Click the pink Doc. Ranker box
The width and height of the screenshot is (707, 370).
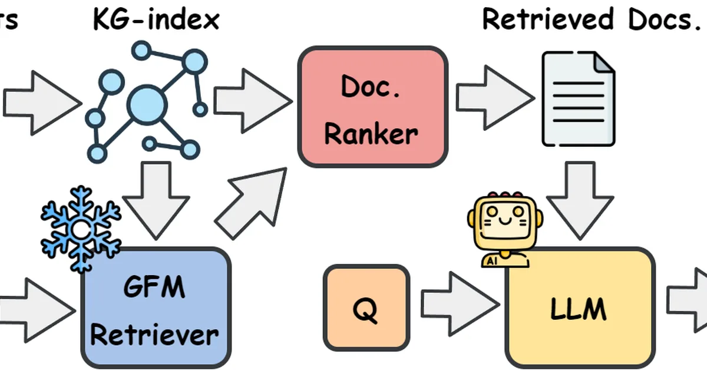372,107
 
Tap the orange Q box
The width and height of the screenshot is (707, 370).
366,306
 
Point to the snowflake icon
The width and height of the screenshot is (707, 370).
80,227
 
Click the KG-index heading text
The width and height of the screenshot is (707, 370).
156,19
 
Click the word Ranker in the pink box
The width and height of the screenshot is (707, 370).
371,134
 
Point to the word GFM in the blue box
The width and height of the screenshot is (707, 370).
154,289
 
